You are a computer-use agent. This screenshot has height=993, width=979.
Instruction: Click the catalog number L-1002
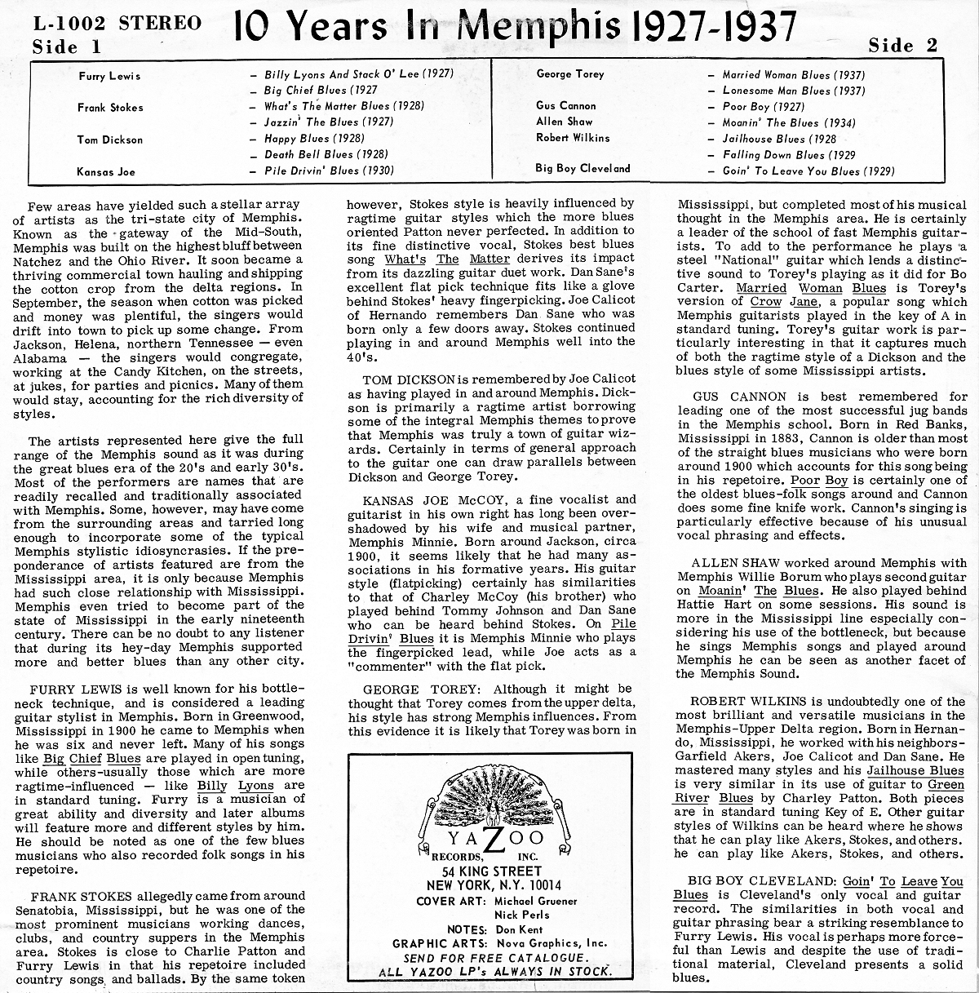click(x=70, y=24)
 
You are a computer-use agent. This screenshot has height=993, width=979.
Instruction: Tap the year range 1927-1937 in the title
click(x=714, y=27)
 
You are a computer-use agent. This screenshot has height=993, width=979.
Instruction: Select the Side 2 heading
click(x=903, y=46)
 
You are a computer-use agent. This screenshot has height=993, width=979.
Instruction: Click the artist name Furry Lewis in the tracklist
click(x=109, y=76)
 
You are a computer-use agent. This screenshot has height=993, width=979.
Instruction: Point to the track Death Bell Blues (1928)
click(x=326, y=154)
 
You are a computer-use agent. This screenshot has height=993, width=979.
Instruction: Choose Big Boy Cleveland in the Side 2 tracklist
click(x=583, y=169)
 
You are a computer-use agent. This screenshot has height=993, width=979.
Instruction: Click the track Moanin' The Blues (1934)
click(x=789, y=122)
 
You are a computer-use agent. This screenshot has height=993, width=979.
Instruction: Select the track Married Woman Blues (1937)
click(x=794, y=75)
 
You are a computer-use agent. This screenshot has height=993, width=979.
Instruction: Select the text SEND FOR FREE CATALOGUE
click(x=495, y=958)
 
